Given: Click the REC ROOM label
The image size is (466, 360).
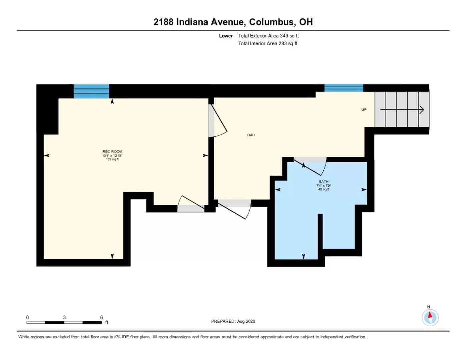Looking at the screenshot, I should click(x=112, y=151).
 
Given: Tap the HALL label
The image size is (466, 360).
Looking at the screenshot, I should click(x=252, y=135).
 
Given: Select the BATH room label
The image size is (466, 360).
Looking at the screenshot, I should click(x=324, y=182).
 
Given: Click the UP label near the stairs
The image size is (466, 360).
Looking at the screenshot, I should click(x=364, y=110).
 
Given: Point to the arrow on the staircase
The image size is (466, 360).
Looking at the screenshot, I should click(x=402, y=110).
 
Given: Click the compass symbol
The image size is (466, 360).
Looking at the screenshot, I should click(x=430, y=317).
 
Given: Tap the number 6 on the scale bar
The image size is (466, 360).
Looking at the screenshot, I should click(x=102, y=317).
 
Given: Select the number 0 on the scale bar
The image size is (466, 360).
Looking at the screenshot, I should click(x=27, y=317).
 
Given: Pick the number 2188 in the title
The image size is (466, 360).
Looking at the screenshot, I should click(x=163, y=22).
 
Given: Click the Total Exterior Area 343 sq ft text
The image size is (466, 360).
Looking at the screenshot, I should click(x=268, y=36).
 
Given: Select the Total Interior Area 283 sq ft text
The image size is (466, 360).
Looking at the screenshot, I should click(x=268, y=43).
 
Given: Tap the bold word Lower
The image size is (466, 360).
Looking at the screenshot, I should click(x=226, y=36).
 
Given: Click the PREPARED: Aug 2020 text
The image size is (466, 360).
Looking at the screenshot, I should click(x=233, y=321).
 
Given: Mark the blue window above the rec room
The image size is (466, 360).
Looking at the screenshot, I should click(x=91, y=91).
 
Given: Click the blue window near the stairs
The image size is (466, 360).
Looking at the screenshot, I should click(x=344, y=88).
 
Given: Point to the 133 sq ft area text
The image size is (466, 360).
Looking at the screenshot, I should click(x=112, y=159).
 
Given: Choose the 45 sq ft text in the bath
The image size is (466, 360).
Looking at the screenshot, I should click(x=324, y=189).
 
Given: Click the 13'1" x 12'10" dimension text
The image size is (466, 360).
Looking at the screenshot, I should click(x=112, y=155).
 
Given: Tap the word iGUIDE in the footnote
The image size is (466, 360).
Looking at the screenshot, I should click(x=122, y=337).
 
